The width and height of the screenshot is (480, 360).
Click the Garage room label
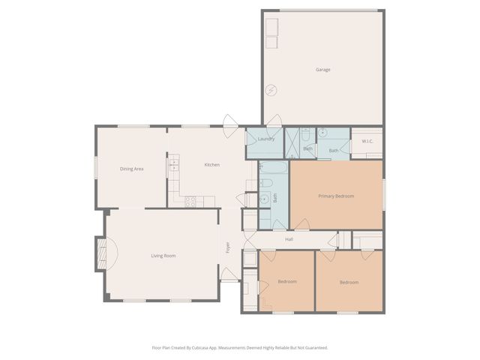coord(322,70)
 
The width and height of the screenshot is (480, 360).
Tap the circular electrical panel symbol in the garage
coord(271,90)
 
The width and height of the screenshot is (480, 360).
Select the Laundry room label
coord(265,139)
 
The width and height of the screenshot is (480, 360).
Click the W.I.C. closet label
coord(367,141)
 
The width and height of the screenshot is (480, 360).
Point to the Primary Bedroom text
coord(335,196)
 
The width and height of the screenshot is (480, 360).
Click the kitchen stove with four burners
coord(190,201)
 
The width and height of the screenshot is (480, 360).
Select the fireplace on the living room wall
coord(100,253)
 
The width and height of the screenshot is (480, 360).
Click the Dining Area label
coord(131,169)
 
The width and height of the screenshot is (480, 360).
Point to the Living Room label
coord(163,256)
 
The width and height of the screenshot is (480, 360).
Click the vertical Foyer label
coord(228,247)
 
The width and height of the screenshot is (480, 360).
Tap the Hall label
coord(289,240)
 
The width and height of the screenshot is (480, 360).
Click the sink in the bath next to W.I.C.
coord(322,133)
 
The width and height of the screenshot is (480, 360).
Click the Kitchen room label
coord(212,164)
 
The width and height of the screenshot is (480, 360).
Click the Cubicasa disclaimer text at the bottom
coord(240,347)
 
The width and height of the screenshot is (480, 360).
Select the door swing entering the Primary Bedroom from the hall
coord(301,224)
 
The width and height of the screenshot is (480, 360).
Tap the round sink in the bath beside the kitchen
coord(264,199)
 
